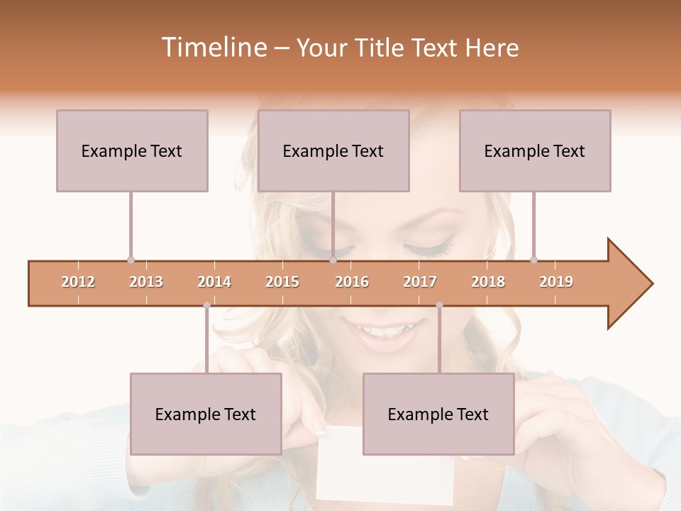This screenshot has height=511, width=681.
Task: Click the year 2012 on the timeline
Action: point(78,282)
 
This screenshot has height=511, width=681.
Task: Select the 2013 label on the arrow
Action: point(146,282)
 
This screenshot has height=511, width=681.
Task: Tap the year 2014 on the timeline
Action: point(214,282)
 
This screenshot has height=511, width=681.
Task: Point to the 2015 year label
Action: point(282,282)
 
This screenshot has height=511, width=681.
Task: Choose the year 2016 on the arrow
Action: point(352,282)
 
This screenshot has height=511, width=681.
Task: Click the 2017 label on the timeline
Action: point(420,282)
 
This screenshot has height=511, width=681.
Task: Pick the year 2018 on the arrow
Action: point(488,282)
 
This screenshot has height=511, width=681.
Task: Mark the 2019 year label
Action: point(556,282)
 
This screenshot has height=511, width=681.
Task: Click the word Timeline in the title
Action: point(213,48)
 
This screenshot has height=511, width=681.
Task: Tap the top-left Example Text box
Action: point(132,150)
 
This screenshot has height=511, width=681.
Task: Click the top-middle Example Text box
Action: point(333,150)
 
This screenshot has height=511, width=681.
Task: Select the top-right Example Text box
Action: point(535,150)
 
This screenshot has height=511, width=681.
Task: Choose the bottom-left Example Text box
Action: point(206,414)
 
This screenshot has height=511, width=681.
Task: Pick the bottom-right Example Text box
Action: point(438,414)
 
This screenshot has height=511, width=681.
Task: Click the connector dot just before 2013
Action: point(131,260)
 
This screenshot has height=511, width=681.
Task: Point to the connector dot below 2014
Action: point(206,305)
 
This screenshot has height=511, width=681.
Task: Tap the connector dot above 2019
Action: point(533,260)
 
